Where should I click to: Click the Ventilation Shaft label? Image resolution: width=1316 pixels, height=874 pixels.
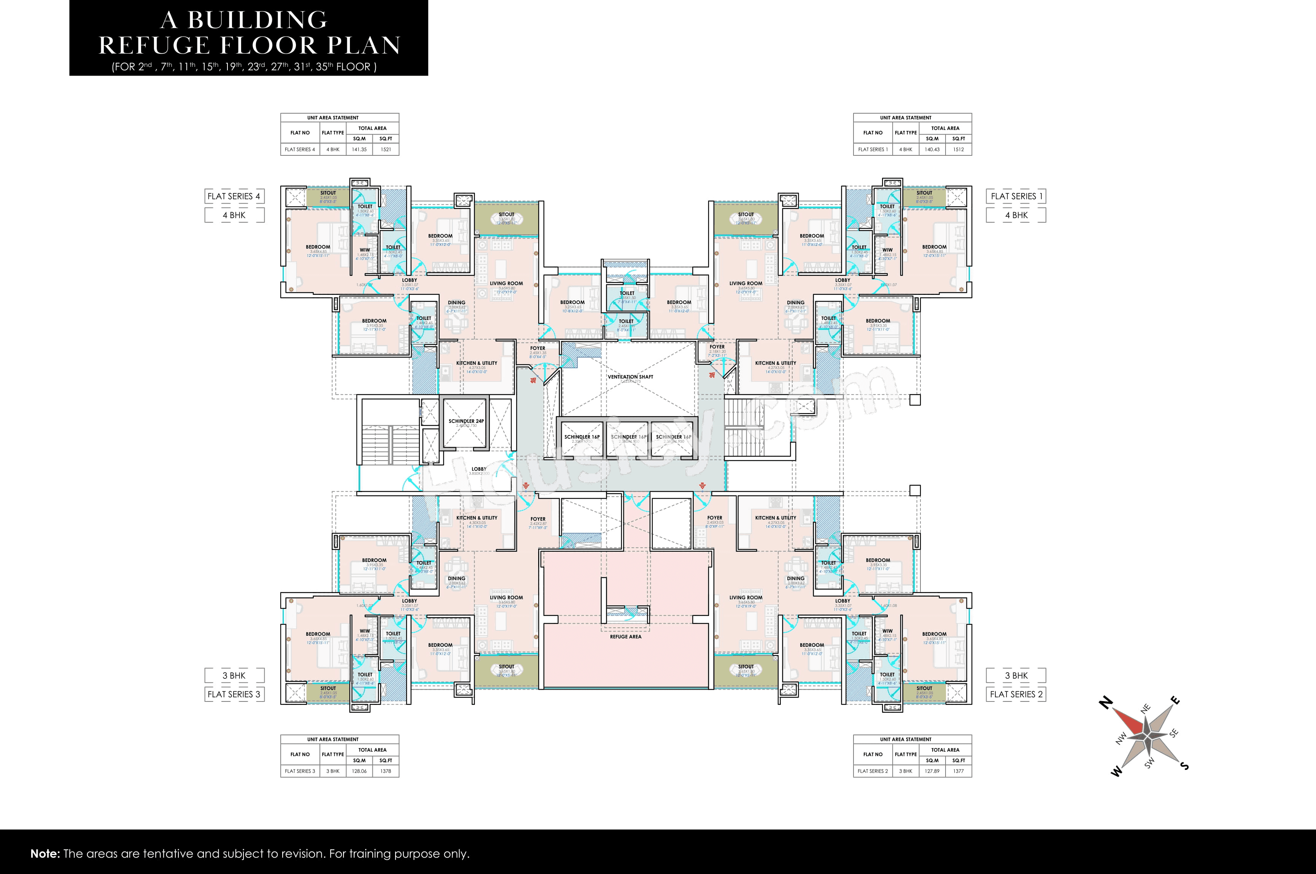pyautogui.click(x=630, y=377)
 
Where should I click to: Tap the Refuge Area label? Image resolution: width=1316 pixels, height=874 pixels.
pyautogui.click(x=625, y=636)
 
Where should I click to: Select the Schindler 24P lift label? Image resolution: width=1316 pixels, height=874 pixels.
pyautogui.click(x=466, y=421)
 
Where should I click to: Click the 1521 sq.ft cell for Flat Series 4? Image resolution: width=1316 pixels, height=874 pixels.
pyautogui.click(x=386, y=149)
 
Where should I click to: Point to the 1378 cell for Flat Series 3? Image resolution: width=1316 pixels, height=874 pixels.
pyautogui.click(x=386, y=771)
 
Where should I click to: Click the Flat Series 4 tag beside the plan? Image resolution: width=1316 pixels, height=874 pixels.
pyautogui.click(x=234, y=196)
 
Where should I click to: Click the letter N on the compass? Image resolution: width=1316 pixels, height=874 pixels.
pyautogui.click(x=1105, y=703)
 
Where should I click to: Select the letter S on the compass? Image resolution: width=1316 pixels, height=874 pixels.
pyautogui.click(x=1184, y=766)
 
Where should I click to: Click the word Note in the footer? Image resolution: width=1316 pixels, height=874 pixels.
pyautogui.click(x=45, y=854)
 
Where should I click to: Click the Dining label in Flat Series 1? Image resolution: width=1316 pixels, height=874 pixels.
pyautogui.click(x=796, y=302)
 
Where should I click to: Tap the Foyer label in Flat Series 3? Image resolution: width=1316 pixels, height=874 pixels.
pyautogui.click(x=538, y=519)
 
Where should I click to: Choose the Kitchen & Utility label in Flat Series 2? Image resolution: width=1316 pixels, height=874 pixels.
pyautogui.click(x=776, y=518)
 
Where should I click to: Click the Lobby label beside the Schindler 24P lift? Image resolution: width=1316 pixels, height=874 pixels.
pyautogui.click(x=478, y=469)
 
